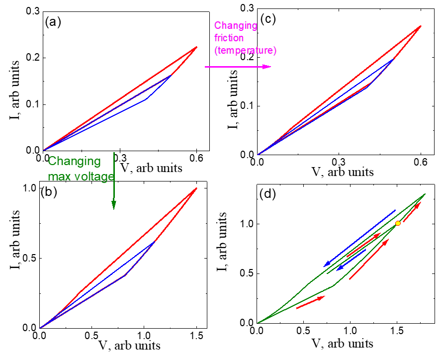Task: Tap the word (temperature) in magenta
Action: click(245, 51)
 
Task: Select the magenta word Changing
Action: click(236, 26)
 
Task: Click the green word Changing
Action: click(74, 161)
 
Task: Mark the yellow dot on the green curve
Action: click(398, 223)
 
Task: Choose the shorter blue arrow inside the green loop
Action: click(353, 259)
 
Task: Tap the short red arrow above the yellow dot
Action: click(412, 212)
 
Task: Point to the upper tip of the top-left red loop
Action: click(197, 47)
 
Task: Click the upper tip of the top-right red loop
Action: click(422, 26)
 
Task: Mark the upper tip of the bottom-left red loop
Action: click(197, 188)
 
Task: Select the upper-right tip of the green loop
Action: click(425, 194)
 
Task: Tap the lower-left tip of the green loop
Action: click(258, 323)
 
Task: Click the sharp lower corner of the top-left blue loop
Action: click(146, 99)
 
